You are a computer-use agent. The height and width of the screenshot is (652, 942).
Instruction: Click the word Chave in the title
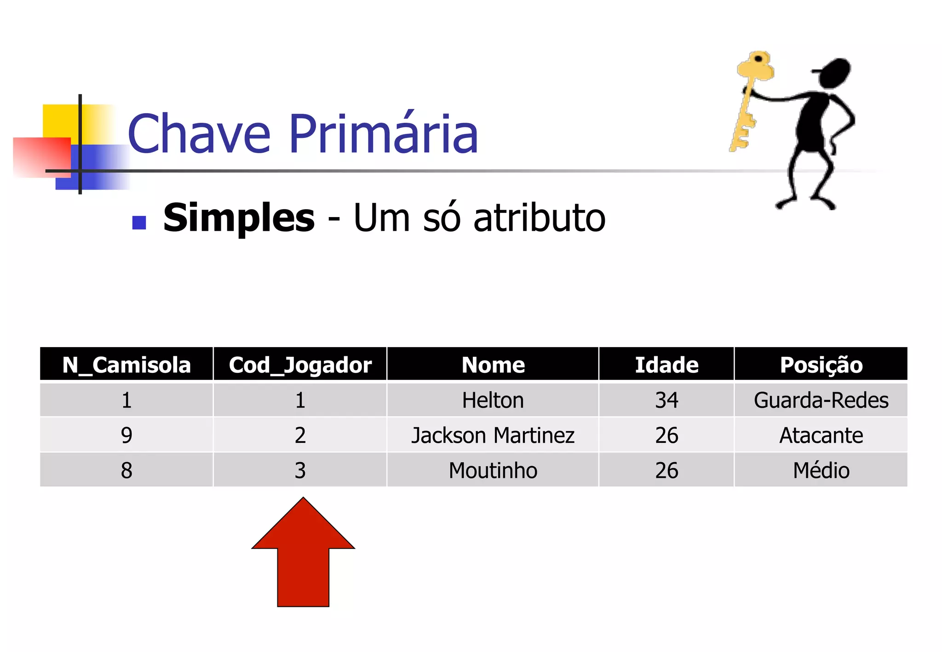(x=199, y=134)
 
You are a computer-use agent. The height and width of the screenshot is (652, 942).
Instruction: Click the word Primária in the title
(x=384, y=134)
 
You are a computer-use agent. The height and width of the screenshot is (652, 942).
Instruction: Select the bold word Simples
(x=239, y=218)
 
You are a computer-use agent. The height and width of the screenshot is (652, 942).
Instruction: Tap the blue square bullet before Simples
(x=139, y=223)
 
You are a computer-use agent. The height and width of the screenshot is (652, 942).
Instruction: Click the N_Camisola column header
(x=126, y=365)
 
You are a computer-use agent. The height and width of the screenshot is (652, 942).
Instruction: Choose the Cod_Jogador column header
(x=300, y=365)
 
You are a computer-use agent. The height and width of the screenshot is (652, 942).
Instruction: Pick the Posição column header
(x=821, y=365)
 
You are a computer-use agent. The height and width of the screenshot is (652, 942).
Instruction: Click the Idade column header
(x=666, y=365)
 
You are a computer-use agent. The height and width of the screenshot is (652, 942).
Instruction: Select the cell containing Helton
(x=493, y=400)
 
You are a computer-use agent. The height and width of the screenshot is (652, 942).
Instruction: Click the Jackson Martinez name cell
(x=493, y=435)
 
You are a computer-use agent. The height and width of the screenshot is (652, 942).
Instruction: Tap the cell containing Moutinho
(x=493, y=470)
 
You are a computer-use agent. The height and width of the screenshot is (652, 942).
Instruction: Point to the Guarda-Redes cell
(x=821, y=400)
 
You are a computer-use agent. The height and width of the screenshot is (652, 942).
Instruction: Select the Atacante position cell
(x=821, y=435)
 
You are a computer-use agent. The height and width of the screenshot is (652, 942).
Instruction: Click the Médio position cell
(x=821, y=470)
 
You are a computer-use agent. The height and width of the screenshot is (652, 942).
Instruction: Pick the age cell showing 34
(x=666, y=400)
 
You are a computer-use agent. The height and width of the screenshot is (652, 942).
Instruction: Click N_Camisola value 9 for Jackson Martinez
(x=126, y=435)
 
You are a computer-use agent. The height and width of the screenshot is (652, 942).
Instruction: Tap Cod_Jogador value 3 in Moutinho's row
(x=300, y=470)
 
